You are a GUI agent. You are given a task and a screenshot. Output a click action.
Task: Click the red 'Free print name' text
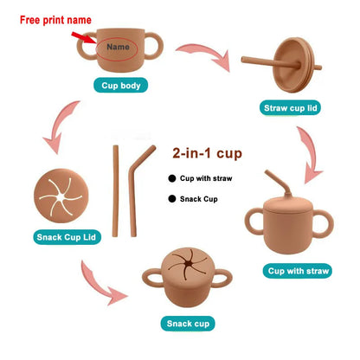55,20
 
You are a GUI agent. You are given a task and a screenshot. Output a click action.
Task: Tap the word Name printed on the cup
118,47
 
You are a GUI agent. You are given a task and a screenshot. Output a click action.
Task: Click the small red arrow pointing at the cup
84,38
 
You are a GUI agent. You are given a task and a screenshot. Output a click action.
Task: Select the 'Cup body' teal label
121,86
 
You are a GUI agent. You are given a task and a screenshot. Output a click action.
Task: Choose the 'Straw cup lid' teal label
291,108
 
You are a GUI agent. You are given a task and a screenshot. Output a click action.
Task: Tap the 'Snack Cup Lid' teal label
67,237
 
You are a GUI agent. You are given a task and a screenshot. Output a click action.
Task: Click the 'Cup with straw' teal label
298,271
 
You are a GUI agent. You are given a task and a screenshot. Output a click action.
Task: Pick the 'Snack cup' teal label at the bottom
188,324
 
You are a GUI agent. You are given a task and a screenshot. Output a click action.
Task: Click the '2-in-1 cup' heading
207,153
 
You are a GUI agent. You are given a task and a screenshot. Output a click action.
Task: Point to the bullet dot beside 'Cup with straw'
172,178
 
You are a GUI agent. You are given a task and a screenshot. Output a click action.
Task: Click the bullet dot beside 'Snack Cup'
172,199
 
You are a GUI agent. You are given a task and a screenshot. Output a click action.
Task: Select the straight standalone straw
115,191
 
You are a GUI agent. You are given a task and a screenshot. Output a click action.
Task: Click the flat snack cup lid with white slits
61,196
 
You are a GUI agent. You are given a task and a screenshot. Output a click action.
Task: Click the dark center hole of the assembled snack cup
188,264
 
